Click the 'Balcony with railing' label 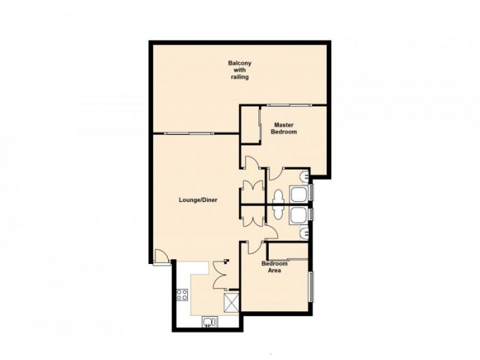[x=238, y=70]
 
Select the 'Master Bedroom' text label [x=284, y=128]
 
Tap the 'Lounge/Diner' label [x=197, y=200]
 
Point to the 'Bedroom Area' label [x=274, y=267]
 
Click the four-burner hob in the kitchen [x=182, y=295]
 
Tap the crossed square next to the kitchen [x=232, y=302]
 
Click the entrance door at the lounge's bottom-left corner [x=160, y=256]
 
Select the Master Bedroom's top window [x=287, y=106]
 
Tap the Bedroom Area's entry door [x=254, y=247]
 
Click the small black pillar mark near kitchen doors [x=227, y=261]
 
